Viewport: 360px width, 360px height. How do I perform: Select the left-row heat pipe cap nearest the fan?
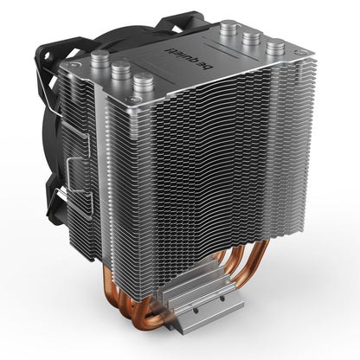tap(100, 60)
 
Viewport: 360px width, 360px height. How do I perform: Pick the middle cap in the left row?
tap(121, 70)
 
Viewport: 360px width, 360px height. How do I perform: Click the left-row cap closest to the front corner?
tap(144, 82)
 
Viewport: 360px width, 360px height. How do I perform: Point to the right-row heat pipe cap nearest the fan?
tap(228, 29)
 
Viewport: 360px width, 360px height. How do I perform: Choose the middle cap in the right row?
tap(251, 38)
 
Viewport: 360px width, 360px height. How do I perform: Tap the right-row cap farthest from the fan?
tap(275, 48)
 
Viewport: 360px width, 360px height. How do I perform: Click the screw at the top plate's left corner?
tap(70, 66)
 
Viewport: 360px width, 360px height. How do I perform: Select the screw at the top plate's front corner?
tap(132, 100)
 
